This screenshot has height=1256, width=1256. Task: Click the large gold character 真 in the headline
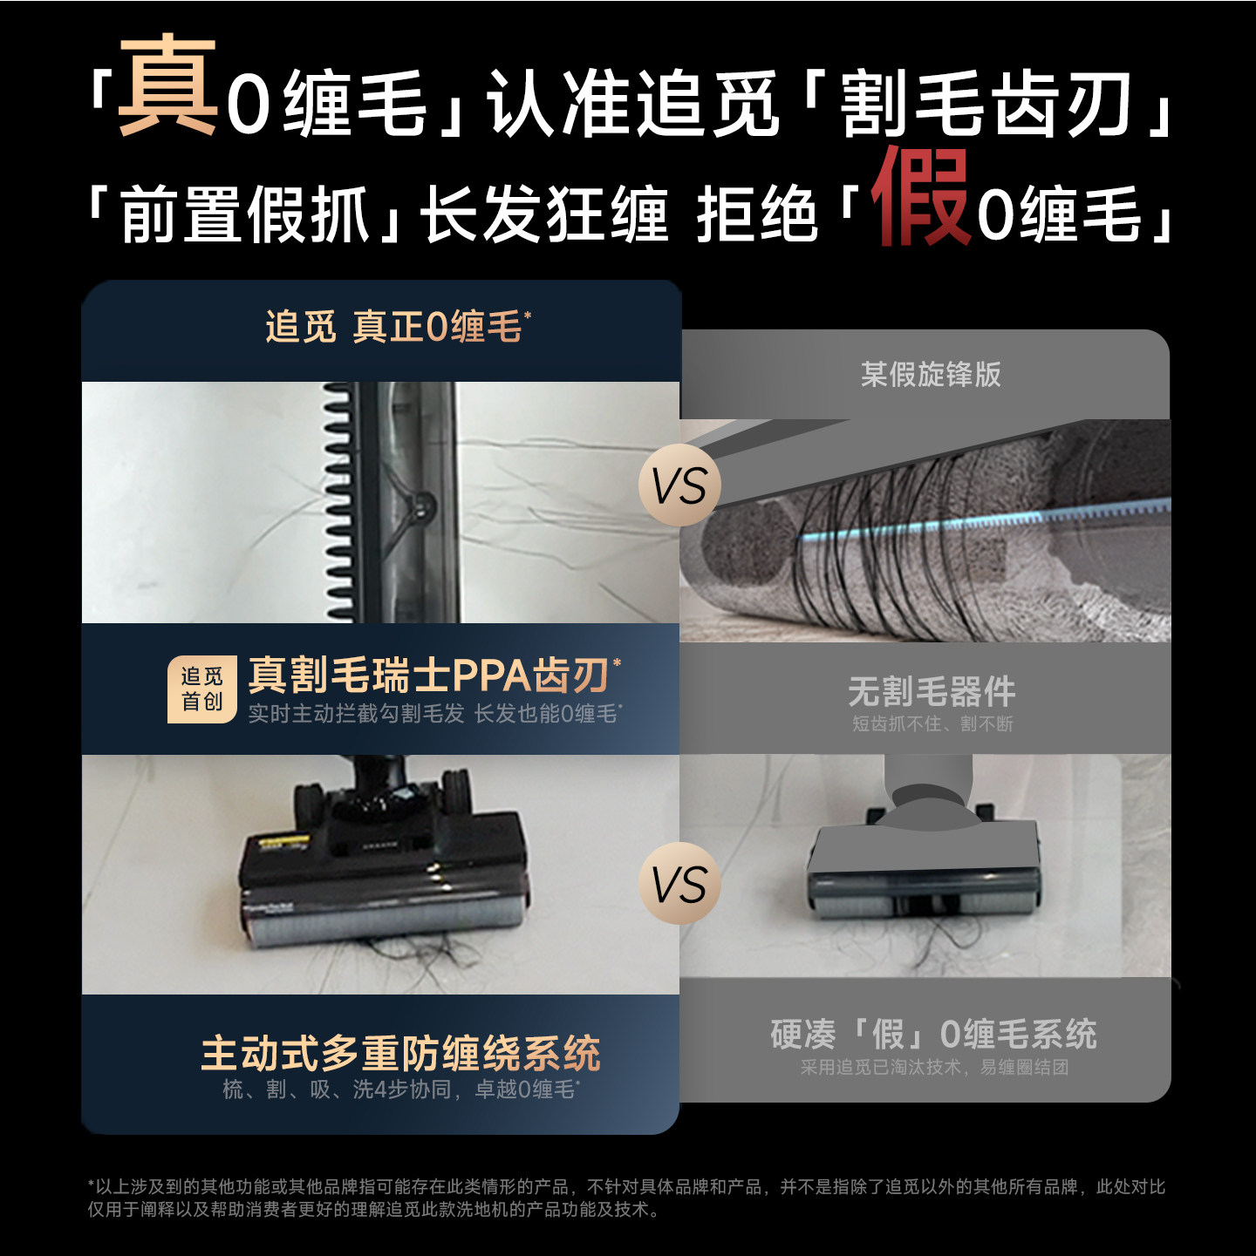(x=167, y=87)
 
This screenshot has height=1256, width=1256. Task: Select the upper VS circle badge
(x=679, y=485)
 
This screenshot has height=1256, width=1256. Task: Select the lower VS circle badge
(x=679, y=884)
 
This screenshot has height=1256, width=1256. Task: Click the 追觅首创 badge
(x=202, y=689)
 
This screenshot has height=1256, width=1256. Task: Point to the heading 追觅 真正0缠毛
(x=398, y=328)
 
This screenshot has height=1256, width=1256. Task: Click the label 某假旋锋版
(x=931, y=375)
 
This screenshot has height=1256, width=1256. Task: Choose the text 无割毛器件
(x=932, y=692)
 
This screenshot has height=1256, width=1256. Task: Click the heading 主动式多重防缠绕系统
(x=400, y=1053)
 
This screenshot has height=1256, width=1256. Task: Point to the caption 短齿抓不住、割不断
(x=932, y=724)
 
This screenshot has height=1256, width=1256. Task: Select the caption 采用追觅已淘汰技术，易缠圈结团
(x=933, y=1068)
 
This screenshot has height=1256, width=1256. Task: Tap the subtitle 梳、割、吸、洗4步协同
(x=340, y=1090)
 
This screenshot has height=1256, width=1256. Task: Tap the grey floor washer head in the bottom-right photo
(x=925, y=872)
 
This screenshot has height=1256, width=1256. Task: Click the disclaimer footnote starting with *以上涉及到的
(x=626, y=1198)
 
